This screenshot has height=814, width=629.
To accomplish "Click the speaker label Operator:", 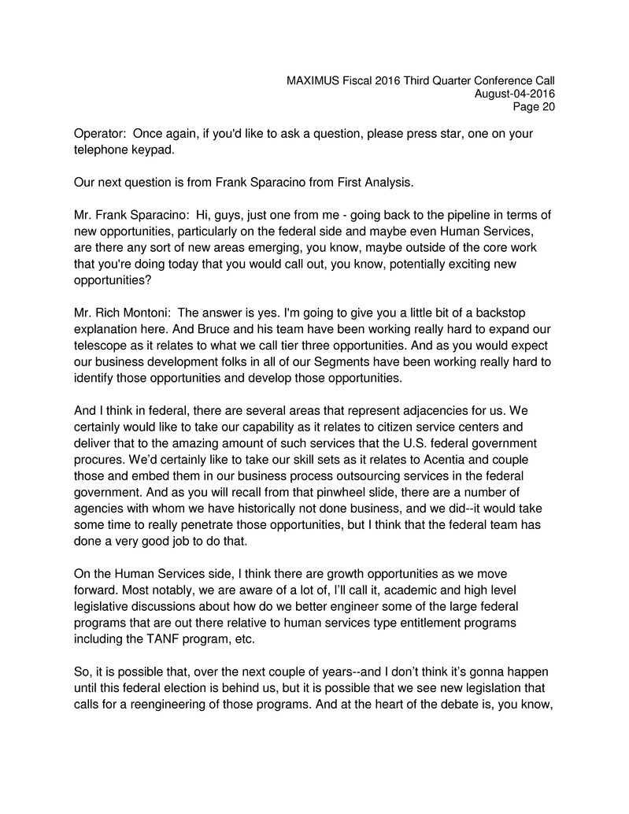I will [100, 134].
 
